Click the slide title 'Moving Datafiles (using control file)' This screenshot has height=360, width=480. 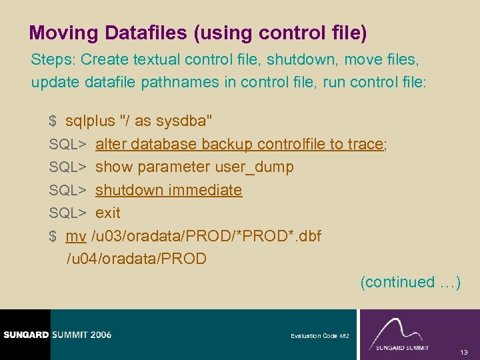pyautogui.click(x=198, y=33)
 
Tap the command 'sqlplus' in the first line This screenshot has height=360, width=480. pyautogui.click(x=89, y=121)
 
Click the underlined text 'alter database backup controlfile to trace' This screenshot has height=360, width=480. pyautogui.click(x=239, y=144)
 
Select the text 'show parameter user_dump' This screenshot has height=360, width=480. pyautogui.click(x=194, y=167)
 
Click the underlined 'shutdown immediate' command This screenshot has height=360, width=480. pyautogui.click(x=169, y=190)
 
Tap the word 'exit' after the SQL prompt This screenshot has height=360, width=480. pyautogui.click(x=108, y=213)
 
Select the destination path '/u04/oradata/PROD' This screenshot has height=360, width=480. pyautogui.click(x=136, y=259)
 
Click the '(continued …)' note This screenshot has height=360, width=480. pyautogui.click(x=410, y=282)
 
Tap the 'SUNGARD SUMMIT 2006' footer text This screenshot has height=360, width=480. pyautogui.click(x=57, y=335)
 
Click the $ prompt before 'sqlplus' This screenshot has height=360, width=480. pyautogui.click(x=53, y=121)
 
